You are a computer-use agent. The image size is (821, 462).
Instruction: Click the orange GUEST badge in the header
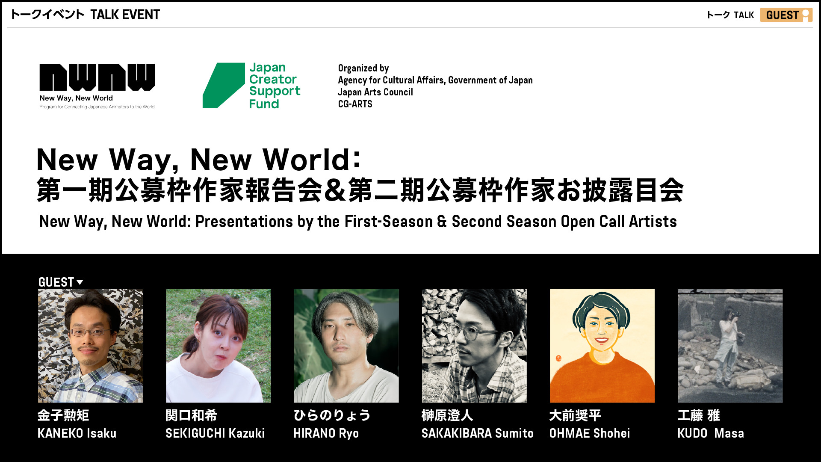tap(786, 15)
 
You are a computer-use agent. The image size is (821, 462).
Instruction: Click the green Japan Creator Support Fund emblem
tap(224, 86)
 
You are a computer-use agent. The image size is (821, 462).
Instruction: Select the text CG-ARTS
tap(355, 104)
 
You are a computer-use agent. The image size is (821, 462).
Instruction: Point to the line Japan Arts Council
tap(375, 92)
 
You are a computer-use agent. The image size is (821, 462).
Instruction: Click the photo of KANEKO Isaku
tap(90, 346)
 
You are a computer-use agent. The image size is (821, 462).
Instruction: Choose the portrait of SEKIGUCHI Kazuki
tap(218, 346)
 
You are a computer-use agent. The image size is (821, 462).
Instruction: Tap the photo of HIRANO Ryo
tap(346, 346)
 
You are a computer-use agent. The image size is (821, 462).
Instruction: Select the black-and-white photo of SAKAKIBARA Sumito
tap(474, 346)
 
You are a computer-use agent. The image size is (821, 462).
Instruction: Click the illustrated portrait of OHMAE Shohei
tap(602, 346)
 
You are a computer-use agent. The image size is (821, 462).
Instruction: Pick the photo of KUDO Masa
tap(730, 346)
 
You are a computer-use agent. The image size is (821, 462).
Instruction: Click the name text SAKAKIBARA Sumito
tap(477, 433)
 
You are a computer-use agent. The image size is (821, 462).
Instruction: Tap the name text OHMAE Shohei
tap(589, 433)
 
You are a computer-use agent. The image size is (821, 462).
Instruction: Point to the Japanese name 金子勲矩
tap(63, 415)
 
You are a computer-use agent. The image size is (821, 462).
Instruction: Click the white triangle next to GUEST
tap(80, 282)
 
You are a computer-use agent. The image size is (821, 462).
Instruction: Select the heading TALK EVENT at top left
tap(125, 15)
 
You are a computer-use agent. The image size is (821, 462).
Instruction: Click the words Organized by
tap(363, 68)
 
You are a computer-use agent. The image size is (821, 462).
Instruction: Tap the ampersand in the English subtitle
tap(442, 222)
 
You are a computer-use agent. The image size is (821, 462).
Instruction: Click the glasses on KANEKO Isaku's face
tap(89, 332)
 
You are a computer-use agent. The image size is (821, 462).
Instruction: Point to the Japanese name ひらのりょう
tap(332, 415)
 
